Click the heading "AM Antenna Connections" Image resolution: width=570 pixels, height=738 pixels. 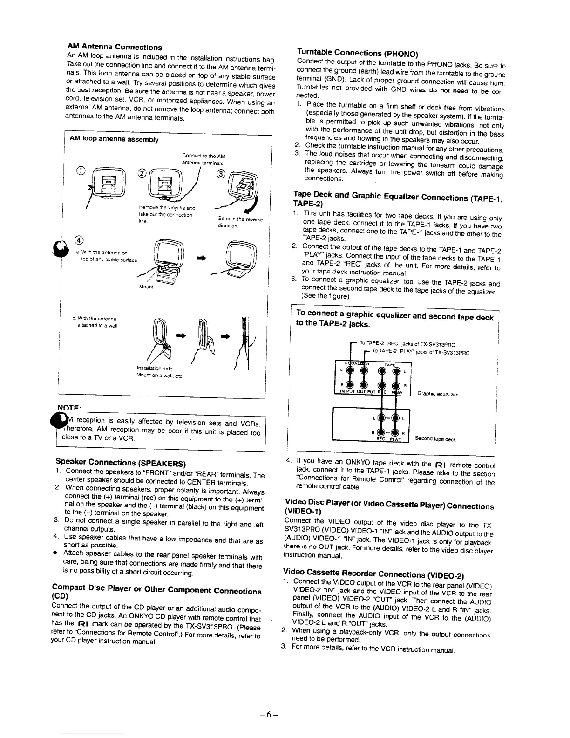point(114,47)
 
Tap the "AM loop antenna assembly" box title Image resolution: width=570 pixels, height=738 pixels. point(114,140)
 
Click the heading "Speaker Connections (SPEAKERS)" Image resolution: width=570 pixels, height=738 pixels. point(121,462)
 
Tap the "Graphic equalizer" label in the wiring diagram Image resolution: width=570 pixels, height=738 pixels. point(437,394)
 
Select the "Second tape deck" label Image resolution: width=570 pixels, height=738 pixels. point(435,439)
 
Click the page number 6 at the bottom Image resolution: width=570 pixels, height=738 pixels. point(285,713)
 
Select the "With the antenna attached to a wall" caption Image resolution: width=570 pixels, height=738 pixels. point(97,322)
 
